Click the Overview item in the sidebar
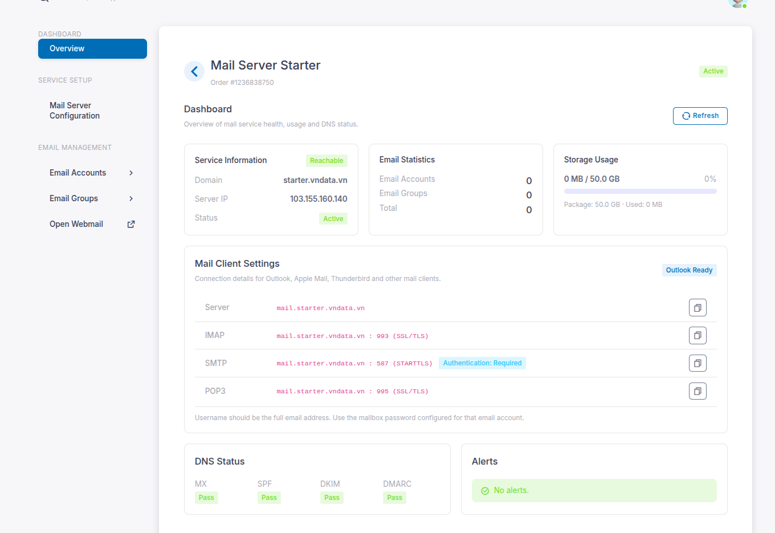click(92, 48)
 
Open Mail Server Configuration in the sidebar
click(75, 111)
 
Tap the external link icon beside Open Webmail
click(131, 224)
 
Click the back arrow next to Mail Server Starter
click(194, 72)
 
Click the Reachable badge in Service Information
click(327, 161)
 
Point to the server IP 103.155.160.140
click(319, 199)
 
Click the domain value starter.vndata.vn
click(315, 180)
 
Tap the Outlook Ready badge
click(689, 270)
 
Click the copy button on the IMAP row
click(697, 335)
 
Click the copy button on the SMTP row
click(697, 363)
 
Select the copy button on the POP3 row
click(697, 391)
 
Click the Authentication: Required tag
click(482, 363)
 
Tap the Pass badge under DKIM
click(332, 498)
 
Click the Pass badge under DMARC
click(394, 498)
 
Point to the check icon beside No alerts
click(485, 491)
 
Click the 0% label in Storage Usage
click(710, 179)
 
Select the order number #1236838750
click(252, 82)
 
